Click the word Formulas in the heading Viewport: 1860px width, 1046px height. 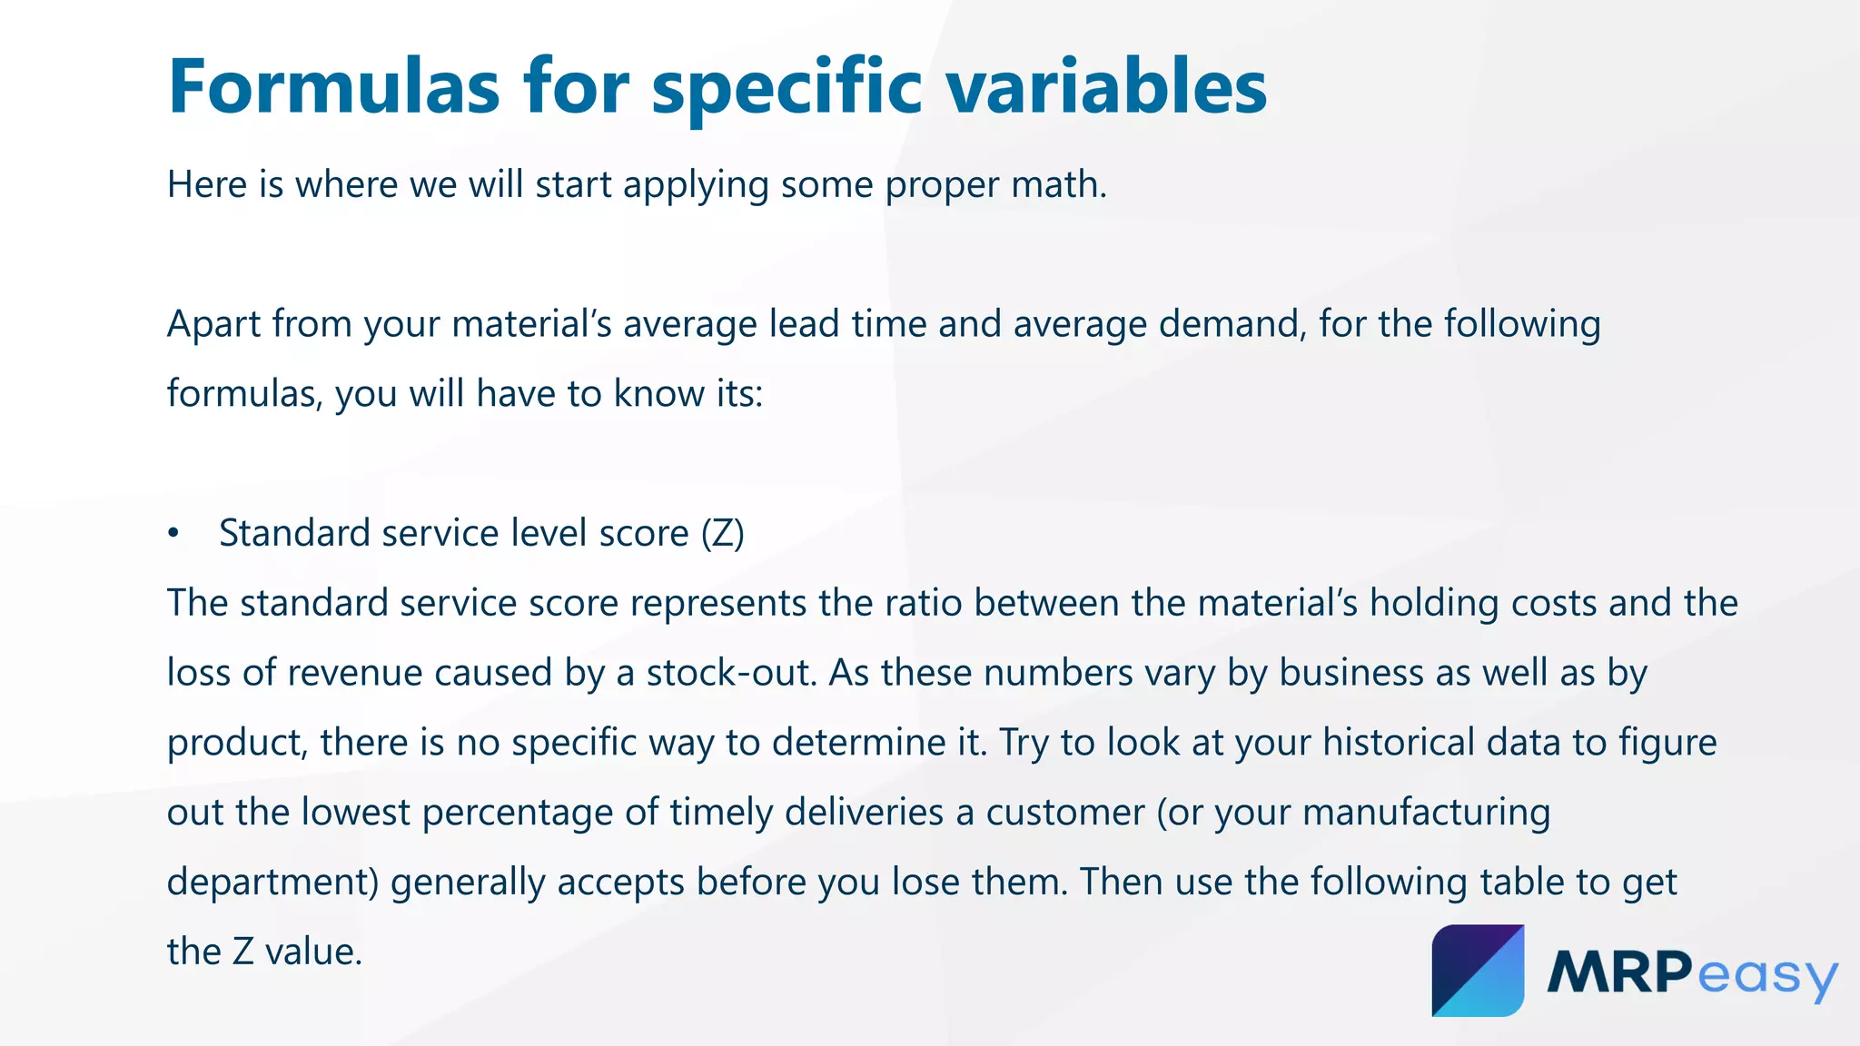coord(333,88)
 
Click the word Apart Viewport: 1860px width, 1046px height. coord(213,324)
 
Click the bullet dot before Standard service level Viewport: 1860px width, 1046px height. coord(173,534)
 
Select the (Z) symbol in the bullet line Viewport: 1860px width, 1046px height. coord(723,534)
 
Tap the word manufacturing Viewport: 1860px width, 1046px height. coord(1426,813)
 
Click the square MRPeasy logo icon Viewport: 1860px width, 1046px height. coord(1478,970)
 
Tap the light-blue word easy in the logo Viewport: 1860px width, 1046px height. coord(1766,976)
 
